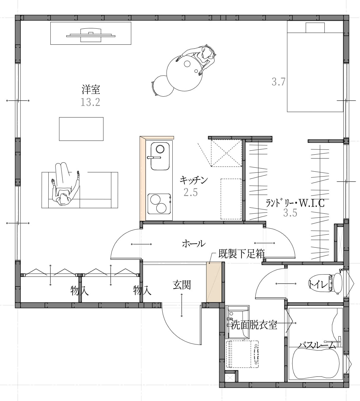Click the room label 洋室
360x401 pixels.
[91, 89]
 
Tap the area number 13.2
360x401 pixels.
[90, 102]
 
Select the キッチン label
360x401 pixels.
[194, 180]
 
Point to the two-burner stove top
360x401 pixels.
[159, 204]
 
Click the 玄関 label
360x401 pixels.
[182, 285]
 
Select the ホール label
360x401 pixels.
[193, 244]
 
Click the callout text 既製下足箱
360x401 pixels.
[242, 254]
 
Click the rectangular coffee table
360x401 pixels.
[81, 129]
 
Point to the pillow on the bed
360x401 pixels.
[315, 28]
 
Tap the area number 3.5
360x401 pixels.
[290, 213]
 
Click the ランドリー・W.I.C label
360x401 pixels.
[295, 203]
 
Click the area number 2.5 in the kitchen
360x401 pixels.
[191, 192]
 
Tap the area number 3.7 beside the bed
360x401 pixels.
[279, 82]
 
